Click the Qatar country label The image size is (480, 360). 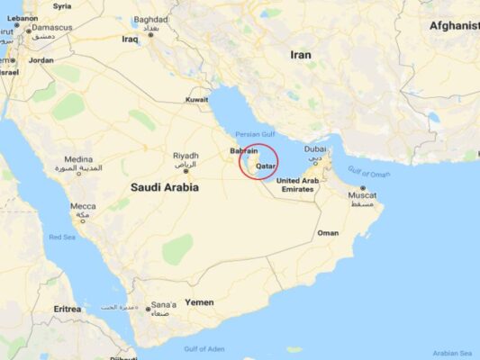click(266, 166)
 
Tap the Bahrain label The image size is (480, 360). click(244, 151)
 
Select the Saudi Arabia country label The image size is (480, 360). click(165, 187)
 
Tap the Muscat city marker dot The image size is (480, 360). click(363, 188)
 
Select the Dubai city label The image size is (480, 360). click(315, 148)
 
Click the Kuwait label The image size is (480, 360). click(197, 99)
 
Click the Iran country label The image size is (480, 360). click(301, 55)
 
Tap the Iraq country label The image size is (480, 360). click(130, 39)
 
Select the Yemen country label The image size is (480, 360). click(199, 302)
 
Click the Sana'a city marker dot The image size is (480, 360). click(149, 310)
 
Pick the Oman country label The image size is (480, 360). click(328, 233)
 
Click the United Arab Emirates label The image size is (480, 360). click(296, 184)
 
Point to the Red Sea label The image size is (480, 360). click(62, 237)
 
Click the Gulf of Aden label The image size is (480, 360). click(204, 348)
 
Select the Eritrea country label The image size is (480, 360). click(67, 309)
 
